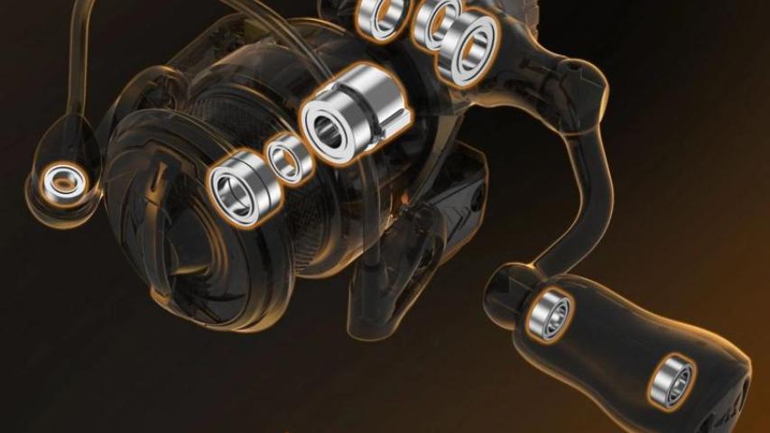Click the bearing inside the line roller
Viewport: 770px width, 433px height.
(x=62, y=181)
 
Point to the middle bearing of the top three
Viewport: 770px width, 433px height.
(x=437, y=23)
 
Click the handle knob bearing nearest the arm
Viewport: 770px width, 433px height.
(x=549, y=314)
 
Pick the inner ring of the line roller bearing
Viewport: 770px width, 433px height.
(x=62, y=181)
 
